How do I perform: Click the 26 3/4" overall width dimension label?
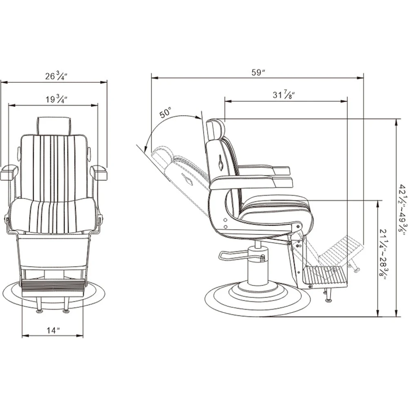(x=56, y=77)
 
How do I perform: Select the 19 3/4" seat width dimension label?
(x=56, y=99)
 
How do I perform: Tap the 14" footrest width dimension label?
(x=53, y=330)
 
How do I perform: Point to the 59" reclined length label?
(x=258, y=72)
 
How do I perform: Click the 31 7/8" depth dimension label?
(x=284, y=94)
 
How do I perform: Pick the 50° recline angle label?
(x=166, y=113)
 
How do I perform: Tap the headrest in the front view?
(x=53, y=126)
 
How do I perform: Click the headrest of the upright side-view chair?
(x=215, y=129)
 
